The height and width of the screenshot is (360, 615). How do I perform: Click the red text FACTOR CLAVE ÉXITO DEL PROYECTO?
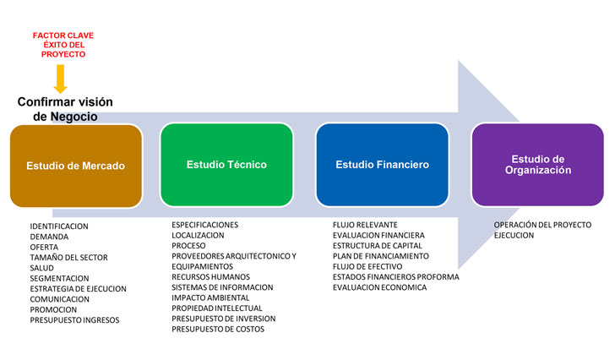(63, 45)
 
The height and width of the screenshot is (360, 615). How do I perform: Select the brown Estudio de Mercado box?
(75, 165)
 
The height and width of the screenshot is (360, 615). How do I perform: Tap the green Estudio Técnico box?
(226, 164)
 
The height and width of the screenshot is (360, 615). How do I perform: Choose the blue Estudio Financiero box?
(382, 164)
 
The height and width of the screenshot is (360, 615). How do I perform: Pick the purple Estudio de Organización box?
(537, 164)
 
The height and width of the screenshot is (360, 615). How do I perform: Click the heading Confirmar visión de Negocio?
(65, 109)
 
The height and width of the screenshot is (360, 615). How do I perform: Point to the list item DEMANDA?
(49, 237)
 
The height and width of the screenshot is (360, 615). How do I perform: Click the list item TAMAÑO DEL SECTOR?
(68, 258)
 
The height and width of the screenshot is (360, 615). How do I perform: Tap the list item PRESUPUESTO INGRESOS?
(74, 320)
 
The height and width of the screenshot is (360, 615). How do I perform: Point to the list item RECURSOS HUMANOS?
(210, 276)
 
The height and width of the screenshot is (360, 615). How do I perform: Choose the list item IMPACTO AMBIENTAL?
(210, 297)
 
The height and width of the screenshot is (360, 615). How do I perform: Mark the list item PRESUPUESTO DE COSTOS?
(218, 329)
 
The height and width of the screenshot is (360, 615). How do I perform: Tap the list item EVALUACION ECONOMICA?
(379, 287)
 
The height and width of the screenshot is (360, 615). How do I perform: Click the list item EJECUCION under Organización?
(514, 236)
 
